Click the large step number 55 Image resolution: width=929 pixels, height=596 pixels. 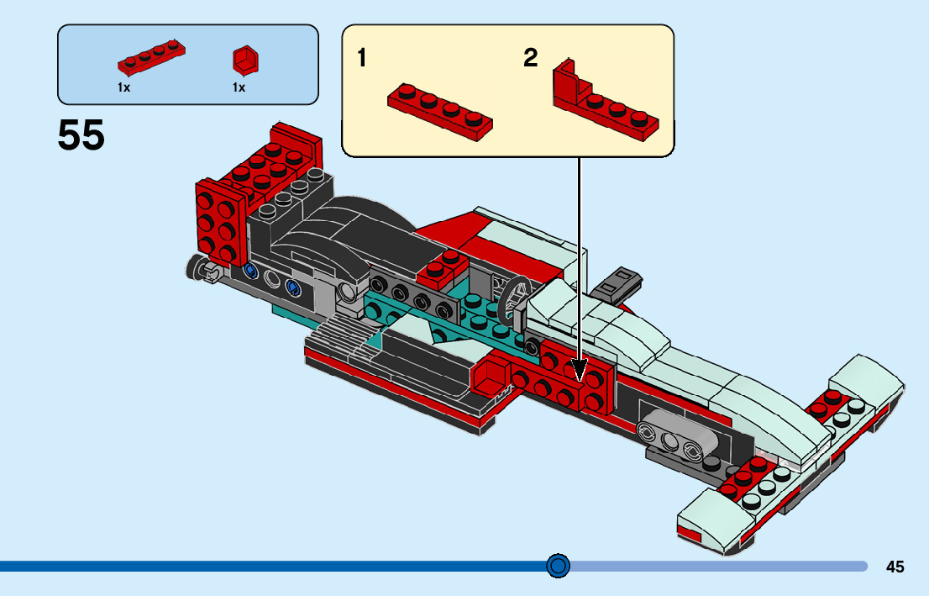81,135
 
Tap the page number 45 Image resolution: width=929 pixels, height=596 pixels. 895,567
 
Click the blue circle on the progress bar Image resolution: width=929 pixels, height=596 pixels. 558,566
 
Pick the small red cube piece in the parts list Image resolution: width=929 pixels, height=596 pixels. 244,61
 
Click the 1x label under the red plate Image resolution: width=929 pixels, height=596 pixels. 123,87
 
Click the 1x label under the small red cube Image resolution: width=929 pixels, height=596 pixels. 239,87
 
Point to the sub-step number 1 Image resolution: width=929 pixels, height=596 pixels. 362,58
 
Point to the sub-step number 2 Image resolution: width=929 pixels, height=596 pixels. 530,58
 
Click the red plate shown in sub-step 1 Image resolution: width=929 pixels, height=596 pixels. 439,110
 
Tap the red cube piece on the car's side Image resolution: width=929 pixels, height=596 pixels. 492,374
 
